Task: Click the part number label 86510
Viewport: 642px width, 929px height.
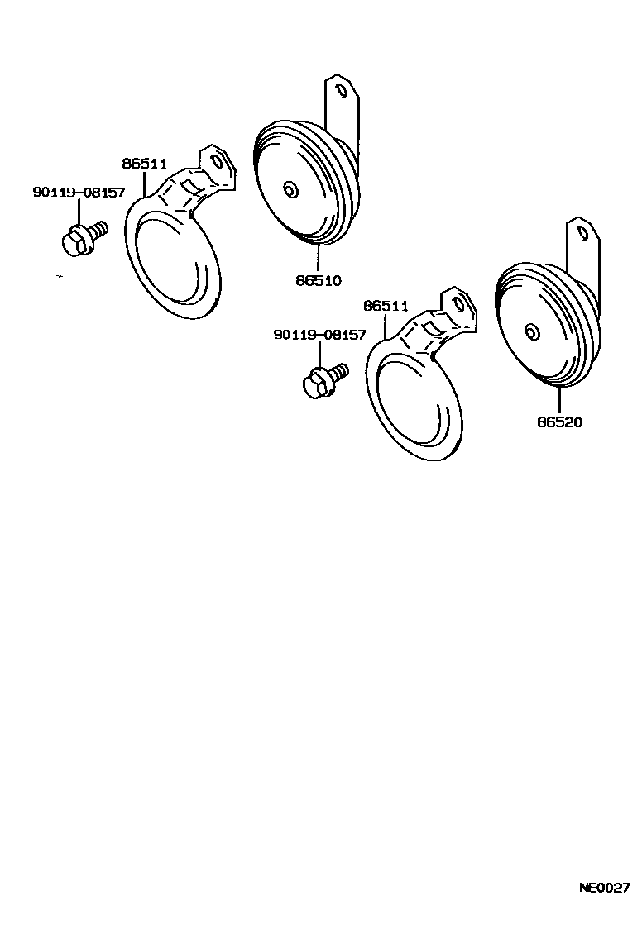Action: point(319,280)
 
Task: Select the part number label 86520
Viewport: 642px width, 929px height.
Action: point(560,422)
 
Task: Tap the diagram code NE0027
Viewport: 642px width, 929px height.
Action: point(604,889)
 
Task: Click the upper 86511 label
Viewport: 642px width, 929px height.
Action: point(146,164)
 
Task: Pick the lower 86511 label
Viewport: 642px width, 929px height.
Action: point(386,306)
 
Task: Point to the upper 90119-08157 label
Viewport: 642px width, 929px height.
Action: point(79,193)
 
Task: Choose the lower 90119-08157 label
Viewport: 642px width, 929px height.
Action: point(319,335)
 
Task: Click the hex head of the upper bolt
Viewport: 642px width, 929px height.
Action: point(74,242)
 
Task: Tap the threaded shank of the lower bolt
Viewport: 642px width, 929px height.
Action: point(338,374)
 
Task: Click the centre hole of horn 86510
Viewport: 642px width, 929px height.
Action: point(290,191)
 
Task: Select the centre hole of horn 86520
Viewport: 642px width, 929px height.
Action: point(531,332)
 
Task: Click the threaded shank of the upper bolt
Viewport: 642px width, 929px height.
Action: point(98,229)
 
